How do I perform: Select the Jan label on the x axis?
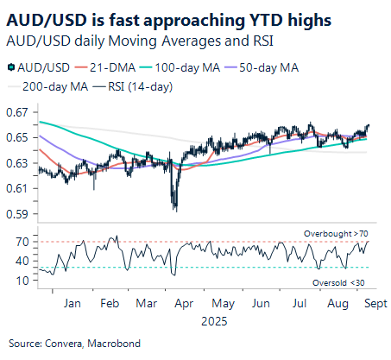(x=73, y=305)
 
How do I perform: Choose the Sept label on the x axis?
(x=373, y=305)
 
